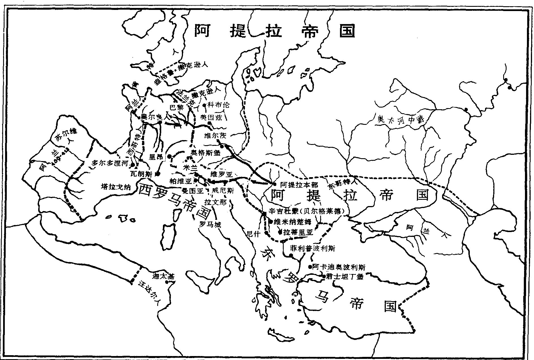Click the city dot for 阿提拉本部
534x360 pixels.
274,184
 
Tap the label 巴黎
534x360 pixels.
176,108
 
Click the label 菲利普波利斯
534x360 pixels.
313,248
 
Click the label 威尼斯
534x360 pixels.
223,191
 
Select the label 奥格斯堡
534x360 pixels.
206,152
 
